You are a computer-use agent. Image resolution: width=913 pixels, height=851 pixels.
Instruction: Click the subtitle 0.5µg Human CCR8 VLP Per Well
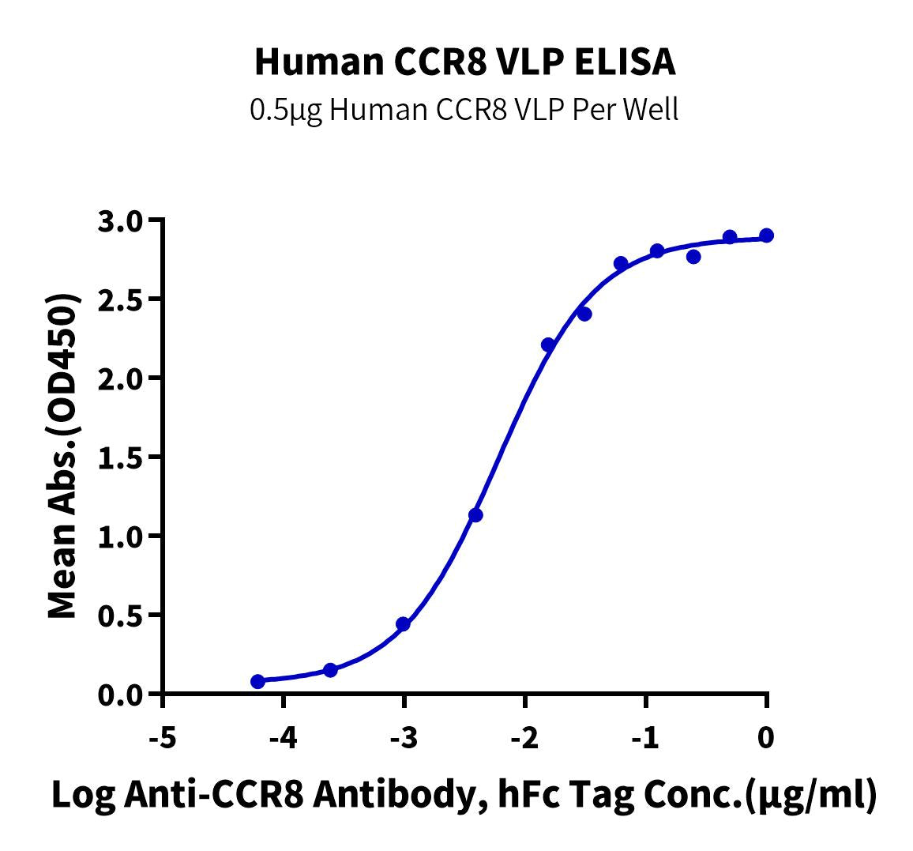tap(464, 110)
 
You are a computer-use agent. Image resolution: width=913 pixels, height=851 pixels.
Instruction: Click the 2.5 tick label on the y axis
tap(122, 299)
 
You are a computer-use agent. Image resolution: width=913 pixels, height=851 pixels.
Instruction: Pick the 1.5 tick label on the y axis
tap(122, 458)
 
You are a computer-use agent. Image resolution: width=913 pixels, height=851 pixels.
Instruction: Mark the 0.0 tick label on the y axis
tap(122, 695)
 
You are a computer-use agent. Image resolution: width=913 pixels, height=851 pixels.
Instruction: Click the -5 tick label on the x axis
tap(162, 738)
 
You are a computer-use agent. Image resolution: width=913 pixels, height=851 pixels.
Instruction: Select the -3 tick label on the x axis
tap(404, 738)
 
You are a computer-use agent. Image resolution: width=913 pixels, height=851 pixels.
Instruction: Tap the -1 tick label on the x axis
tap(645, 738)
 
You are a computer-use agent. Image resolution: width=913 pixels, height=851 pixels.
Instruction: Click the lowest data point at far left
tap(257, 681)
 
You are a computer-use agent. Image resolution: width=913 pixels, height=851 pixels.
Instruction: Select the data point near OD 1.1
tap(475, 515)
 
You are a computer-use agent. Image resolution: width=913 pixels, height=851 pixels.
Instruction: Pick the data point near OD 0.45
tap(403, 624)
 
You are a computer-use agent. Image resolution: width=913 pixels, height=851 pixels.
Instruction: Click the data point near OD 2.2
tap(548, 345)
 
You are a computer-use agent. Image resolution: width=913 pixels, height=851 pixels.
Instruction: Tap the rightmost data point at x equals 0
tap(766, 235)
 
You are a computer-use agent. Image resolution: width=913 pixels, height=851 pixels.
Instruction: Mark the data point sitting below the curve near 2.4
tap(584, 314)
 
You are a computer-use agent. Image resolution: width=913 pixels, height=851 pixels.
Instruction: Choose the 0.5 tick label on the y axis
tap(122, 616)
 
